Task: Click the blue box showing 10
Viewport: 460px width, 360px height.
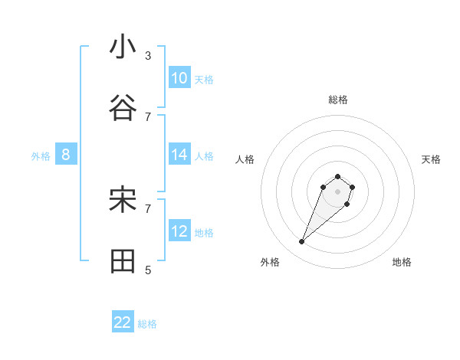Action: click(x=179, y=78)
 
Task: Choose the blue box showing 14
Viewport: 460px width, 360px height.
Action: click(x=179, y=155)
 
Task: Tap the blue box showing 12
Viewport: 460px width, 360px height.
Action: click(x=179, y=231)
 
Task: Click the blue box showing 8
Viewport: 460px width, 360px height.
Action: click(x=66, y=155)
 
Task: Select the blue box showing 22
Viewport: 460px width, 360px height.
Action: click(x=123, y=322)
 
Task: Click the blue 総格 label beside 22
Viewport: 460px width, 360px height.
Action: click(x=147, y=324)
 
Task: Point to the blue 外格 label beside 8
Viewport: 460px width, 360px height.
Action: click(x=41, y=156)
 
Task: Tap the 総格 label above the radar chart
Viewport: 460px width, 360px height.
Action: click(x=338, y=100)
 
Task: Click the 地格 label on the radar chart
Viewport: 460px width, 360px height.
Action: click(x=402, y=262)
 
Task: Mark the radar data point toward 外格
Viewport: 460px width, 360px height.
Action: click(x=302, y=242)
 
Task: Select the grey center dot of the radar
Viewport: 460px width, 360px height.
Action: click(x=337, y=191)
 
